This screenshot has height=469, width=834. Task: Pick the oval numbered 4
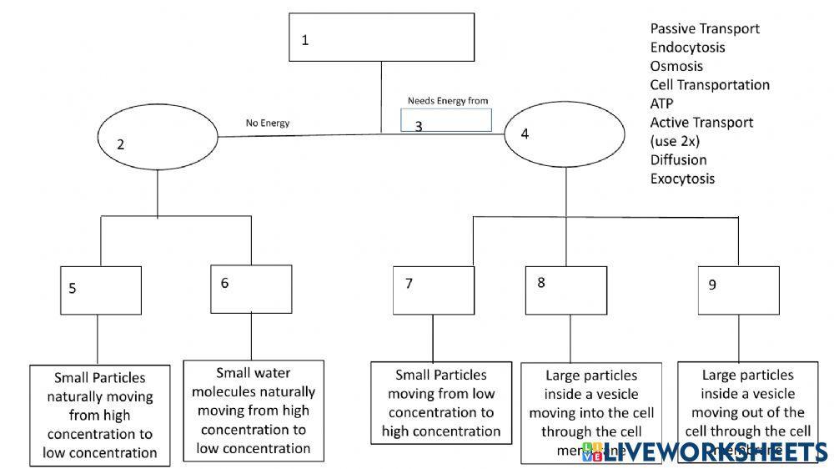(x=565, y=134)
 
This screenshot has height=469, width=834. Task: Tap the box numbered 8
(x=569, y=290)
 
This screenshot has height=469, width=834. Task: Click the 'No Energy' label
(x=267, y=124)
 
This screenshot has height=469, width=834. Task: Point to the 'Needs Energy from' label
(x=447, y=101)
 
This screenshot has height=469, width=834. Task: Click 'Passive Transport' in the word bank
(x=704, y=28)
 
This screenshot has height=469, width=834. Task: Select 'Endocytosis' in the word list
(x=687, y=48)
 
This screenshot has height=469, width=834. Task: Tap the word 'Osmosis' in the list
(x=676, y=66)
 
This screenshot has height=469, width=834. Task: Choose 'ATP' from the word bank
(x=661, y=103)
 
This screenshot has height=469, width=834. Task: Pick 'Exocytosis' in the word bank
(x=682, y=179)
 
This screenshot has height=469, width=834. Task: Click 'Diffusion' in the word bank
(x=677, y=159)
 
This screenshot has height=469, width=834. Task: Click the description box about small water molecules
(x=254, y=410)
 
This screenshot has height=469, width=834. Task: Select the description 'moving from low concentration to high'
(x=441, y=403)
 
